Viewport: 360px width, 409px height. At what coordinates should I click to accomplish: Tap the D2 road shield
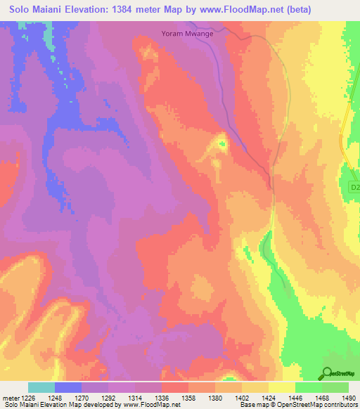point(354,188)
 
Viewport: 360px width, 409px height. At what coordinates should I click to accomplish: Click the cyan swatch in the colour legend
point(41,387)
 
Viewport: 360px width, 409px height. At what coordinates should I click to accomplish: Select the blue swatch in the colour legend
point(68,387)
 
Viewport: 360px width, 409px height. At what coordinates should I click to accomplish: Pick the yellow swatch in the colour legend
point(281,387)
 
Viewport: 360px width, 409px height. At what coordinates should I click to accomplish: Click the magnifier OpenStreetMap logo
point(328,373)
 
